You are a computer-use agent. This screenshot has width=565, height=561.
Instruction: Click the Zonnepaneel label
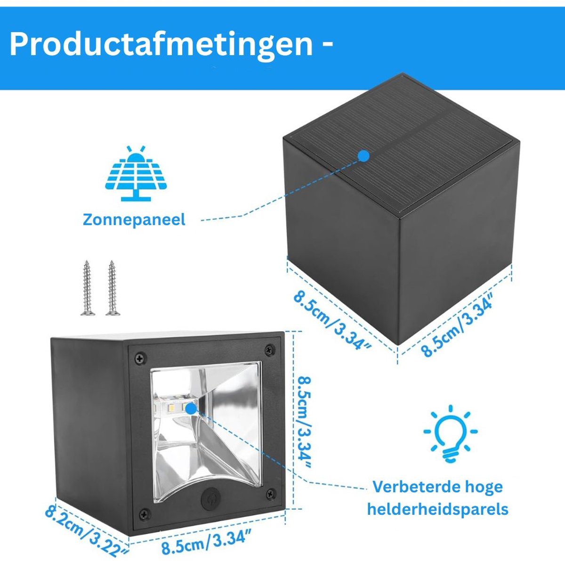pyautogui.click(x=134, y=220)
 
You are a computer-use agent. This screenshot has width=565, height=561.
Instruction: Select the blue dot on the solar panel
pyautogui.click(x=364, y=155)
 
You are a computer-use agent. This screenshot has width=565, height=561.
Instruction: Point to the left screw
pyautogui.click(x=87, y=288)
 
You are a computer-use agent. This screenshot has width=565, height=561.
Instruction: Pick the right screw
pyautogui.click(x=113, y=288)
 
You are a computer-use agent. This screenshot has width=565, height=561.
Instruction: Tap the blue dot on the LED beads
pyautogui.click(x=191, y=408)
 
